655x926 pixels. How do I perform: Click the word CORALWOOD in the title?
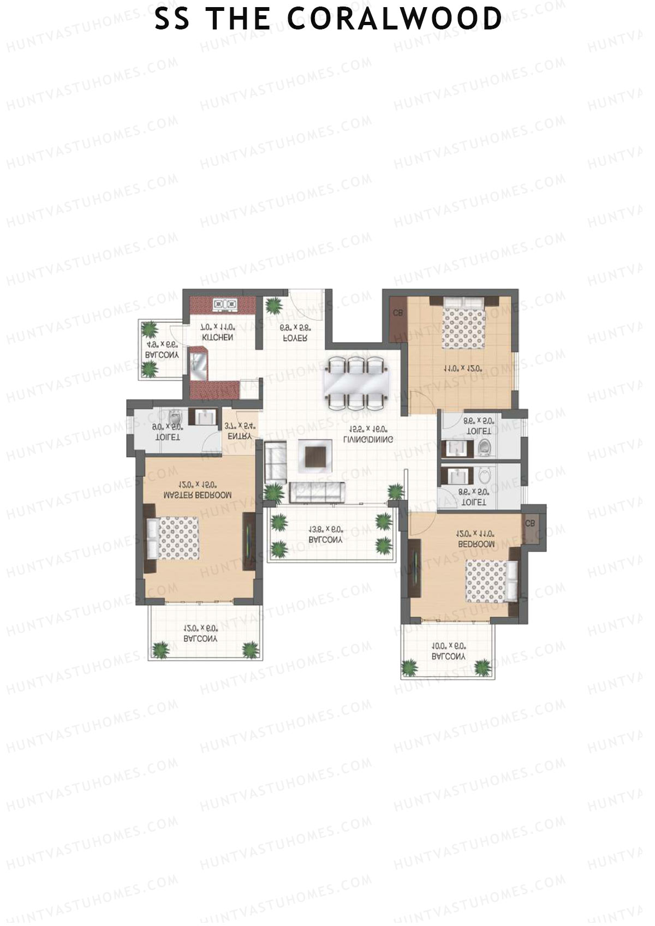[394, 19]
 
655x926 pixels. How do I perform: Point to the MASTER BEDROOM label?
[198, 495]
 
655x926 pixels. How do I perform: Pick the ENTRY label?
[240, 437]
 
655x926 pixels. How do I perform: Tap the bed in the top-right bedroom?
[464, 322]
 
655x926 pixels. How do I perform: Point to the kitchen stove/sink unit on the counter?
[225, 304]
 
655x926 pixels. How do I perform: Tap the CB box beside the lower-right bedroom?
[530, 523]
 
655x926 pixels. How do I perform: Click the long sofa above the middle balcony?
[316, 492]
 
